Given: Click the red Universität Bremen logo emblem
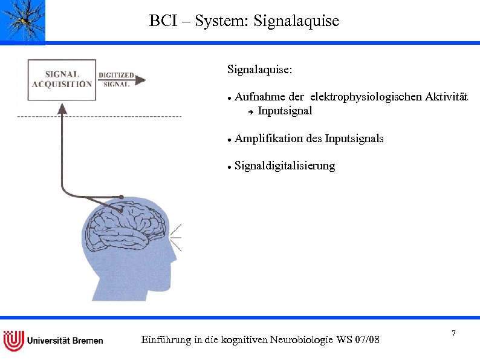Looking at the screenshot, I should click(x=13, y=340).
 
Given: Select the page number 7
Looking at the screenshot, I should click(x=453, y=334).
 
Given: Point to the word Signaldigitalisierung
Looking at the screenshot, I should click(x=285, y=166).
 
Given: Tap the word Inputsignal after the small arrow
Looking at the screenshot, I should click(x=285, y=111).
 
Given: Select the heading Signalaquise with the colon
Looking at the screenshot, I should click(x=260, y=70).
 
